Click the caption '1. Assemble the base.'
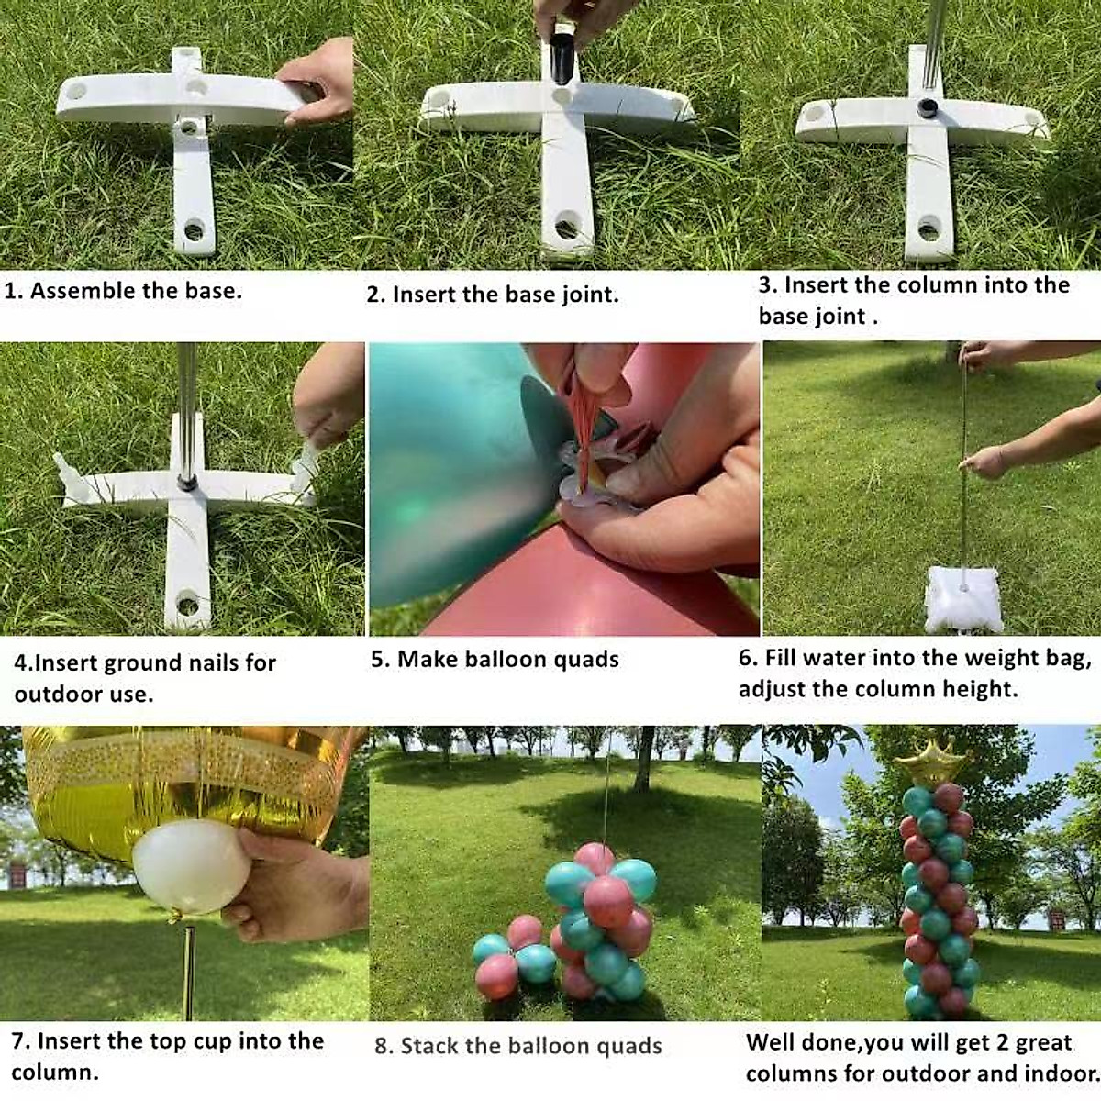123,291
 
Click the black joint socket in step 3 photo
928,107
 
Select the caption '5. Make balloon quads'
495,660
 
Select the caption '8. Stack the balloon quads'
517,1046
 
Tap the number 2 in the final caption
979,1043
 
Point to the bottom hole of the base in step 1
194,229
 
